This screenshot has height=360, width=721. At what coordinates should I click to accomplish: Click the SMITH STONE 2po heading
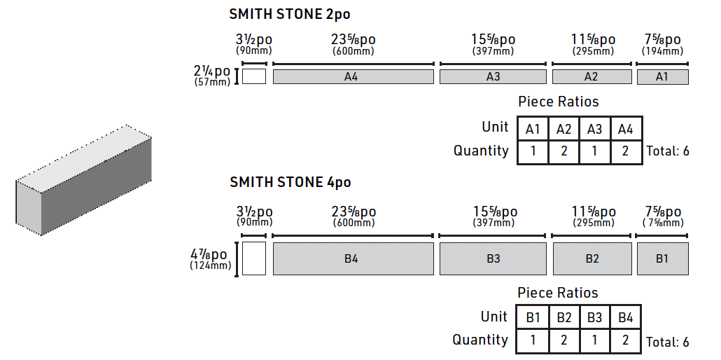click(x=290, y=13)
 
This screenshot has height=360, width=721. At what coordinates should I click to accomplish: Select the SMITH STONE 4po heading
click(x=290, y=183)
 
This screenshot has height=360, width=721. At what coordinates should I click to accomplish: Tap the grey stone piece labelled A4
click(x=353, y=77)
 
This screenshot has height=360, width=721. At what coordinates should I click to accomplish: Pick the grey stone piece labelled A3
click(x=493, y=77)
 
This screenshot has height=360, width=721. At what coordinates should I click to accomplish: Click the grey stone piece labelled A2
click(x=591, y=77)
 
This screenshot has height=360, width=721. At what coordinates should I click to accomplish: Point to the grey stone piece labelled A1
click(x=662, y=77)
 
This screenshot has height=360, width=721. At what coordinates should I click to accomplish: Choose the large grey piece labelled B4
click(x=353, y=259)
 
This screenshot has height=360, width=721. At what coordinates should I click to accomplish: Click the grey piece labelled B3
click(x=493, y=259)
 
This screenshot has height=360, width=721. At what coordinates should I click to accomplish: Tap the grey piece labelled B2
click(x=592, y=259)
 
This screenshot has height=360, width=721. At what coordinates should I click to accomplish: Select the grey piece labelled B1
click(x=662, y=259)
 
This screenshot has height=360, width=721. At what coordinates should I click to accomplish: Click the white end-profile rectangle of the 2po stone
click(x=254, y=76)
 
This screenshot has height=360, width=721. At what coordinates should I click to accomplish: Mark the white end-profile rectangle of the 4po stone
click(x=254, y=259)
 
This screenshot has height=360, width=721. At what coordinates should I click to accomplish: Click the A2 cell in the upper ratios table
click(x=564, y=129)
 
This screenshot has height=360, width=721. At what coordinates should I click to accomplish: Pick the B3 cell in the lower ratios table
click(x=594, y=318)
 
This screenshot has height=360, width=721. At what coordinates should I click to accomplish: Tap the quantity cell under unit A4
click(x=626, y=151)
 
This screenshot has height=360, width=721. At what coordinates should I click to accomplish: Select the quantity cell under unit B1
click(x=533, y=341)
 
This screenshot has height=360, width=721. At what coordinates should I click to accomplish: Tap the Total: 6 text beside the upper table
click(x=667, y=151)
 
